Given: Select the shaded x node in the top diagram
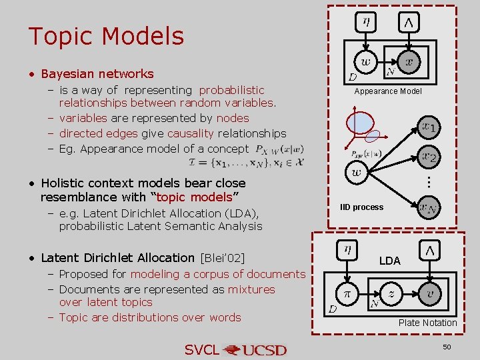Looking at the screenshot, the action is (x=409, y=62).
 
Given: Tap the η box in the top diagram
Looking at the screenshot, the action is (x=367, y=21).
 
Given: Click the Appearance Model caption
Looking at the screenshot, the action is (x=388, y=91).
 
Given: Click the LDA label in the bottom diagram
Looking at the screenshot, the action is (x=390, y=261).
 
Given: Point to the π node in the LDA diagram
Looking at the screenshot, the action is (x=347, y=293).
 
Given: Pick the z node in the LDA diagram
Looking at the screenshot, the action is (x=392, y=293).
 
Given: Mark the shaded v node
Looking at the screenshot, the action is (x=430, y=293).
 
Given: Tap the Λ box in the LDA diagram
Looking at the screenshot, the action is (x=430, y=250).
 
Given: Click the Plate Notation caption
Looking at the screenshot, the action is (x=427, y=323).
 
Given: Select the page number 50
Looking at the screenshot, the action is (x=447, y=347).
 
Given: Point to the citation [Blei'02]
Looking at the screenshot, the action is (x=222, y=258).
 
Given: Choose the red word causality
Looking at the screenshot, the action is (x=190, y=133).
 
